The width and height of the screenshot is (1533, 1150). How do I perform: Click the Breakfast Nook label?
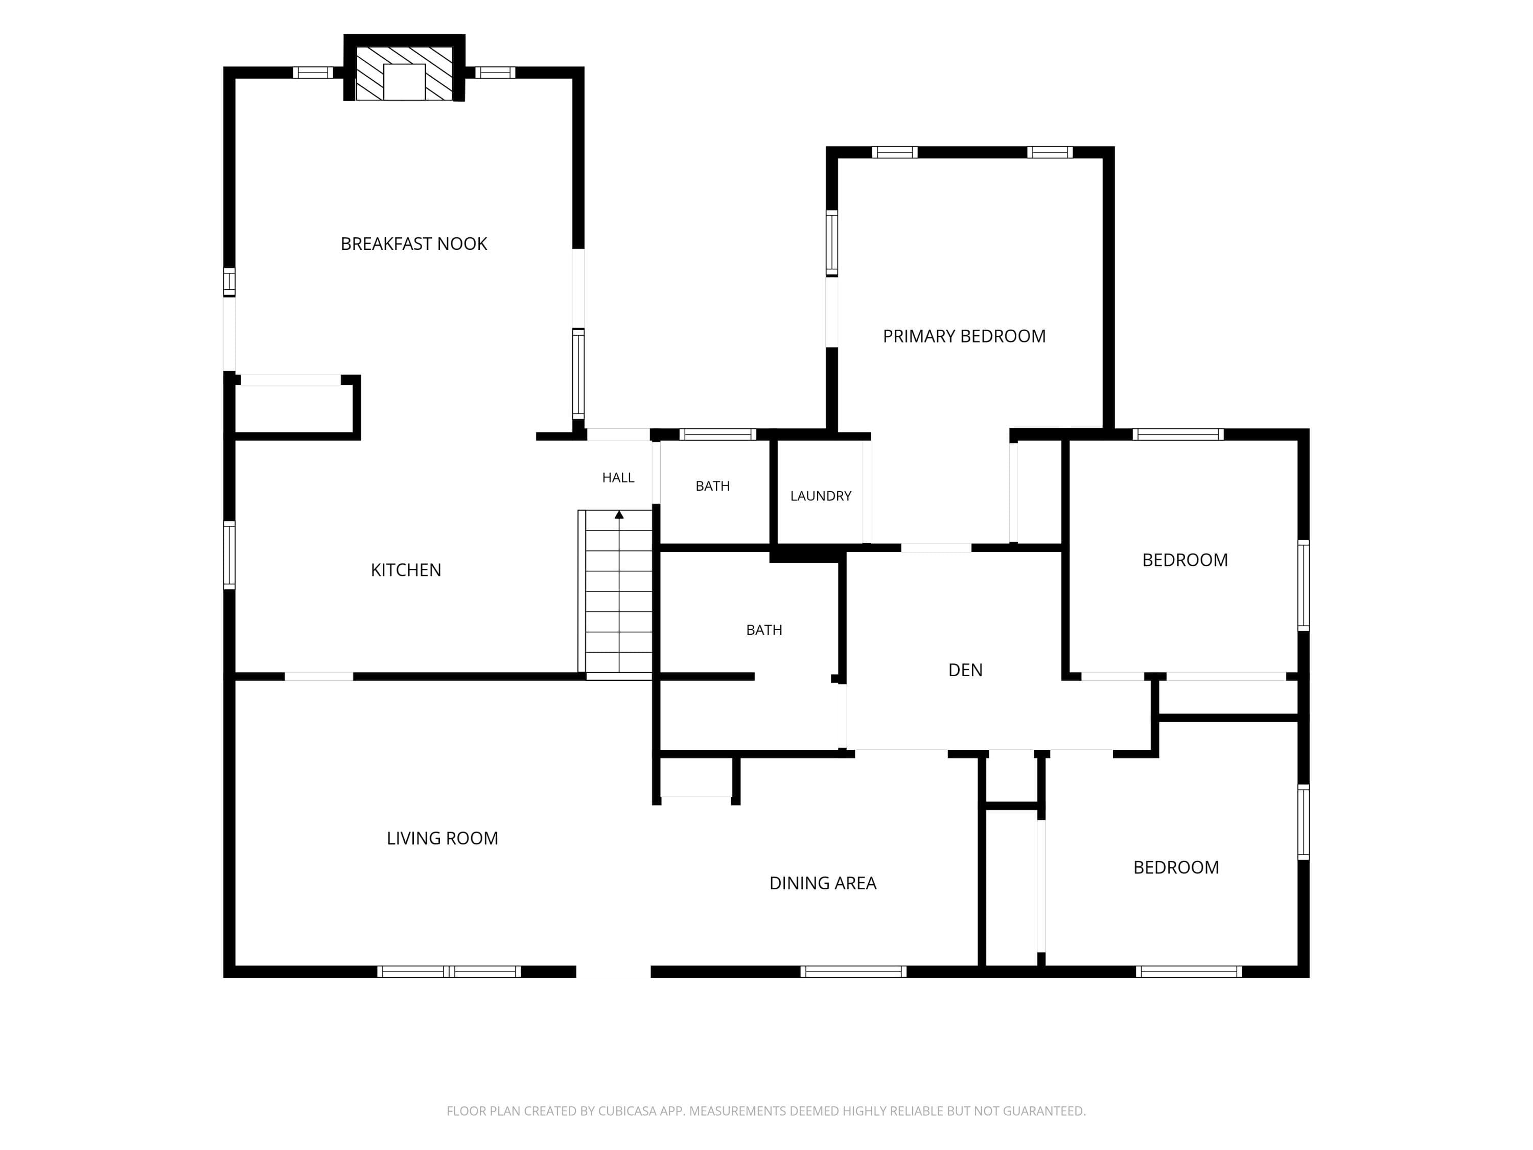[x=414, y=244]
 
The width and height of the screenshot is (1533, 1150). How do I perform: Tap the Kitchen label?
[x=406, y=570]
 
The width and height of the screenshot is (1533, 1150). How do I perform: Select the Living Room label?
[x=442, y=838]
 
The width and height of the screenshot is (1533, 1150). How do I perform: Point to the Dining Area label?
[x=823, y=883]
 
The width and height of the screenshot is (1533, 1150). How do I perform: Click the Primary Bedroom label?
[x=964, y=336]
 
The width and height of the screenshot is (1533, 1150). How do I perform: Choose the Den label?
[x=965, y=670]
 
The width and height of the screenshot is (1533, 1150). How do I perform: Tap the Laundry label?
[x=821, y=496]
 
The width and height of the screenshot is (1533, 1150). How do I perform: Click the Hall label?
[x=618, y=477]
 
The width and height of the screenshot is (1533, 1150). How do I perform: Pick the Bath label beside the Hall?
[x=712, y=486]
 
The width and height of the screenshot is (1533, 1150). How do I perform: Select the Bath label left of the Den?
[x=764, y=630]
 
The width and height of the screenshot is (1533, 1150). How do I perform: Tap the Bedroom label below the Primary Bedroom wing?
[x=1185, y=560]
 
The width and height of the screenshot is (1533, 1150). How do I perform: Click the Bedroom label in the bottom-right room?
[x=1176, y=867]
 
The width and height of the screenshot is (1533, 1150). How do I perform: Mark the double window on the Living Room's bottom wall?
[x=449, y=972]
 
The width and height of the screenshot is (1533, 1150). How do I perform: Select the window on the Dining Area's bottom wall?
[x=853, y=972]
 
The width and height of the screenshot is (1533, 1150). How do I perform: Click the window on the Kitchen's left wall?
[x=229, y=555]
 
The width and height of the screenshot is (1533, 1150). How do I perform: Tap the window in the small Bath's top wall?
[x=717, y=434]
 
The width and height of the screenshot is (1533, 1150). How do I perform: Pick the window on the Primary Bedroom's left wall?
[x=831, y=243]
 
